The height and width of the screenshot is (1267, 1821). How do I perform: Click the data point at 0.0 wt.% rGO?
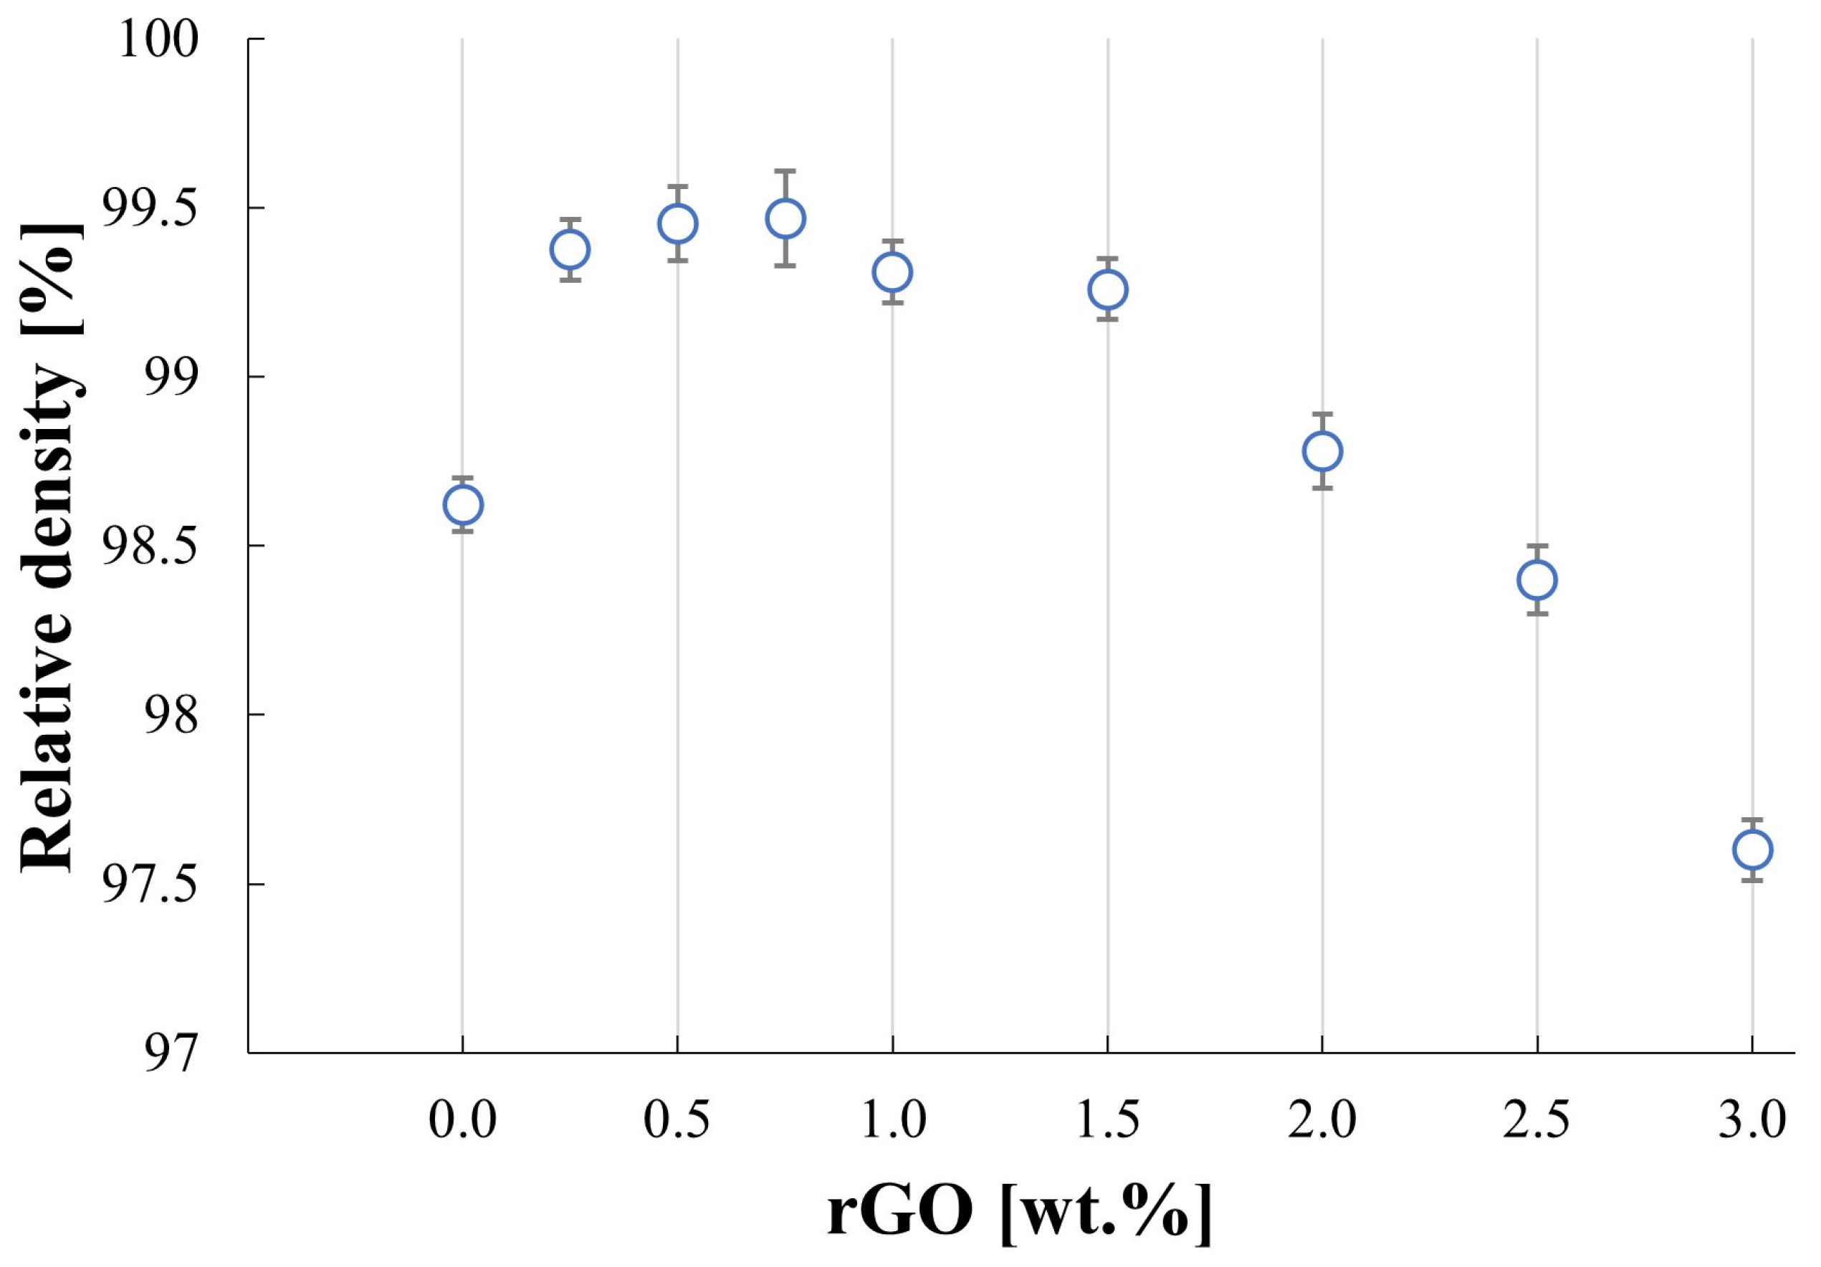click(462, 504)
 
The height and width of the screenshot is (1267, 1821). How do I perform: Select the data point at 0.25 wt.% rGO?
click(570, 250)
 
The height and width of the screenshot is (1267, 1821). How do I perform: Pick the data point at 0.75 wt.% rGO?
click(785, 218)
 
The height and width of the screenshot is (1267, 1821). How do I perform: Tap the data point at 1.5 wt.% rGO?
click(1107, 289)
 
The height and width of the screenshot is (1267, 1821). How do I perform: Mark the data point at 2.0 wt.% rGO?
click(1322, 451)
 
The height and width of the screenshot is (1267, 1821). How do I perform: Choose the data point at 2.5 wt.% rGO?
click(1537, 579)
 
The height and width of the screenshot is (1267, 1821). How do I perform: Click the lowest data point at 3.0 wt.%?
click(1752, 850)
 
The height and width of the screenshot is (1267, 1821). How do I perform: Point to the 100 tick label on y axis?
click(158, 39)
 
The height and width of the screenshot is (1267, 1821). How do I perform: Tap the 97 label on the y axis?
click(171, 1055)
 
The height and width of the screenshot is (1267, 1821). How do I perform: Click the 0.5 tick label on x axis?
click(677, 1121)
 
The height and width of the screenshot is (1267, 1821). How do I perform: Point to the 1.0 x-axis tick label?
click(892, 1121)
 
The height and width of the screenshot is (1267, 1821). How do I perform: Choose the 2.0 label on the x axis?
click(1322, 1121)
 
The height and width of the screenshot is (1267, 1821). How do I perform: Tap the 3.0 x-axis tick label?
click(1752, 1121)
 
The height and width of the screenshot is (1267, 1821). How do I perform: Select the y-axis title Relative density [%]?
click(49, 547)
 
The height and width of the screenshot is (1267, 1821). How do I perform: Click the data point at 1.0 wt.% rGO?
click(892, 272)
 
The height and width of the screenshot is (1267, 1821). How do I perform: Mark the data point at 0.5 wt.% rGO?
click(677, 223)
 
